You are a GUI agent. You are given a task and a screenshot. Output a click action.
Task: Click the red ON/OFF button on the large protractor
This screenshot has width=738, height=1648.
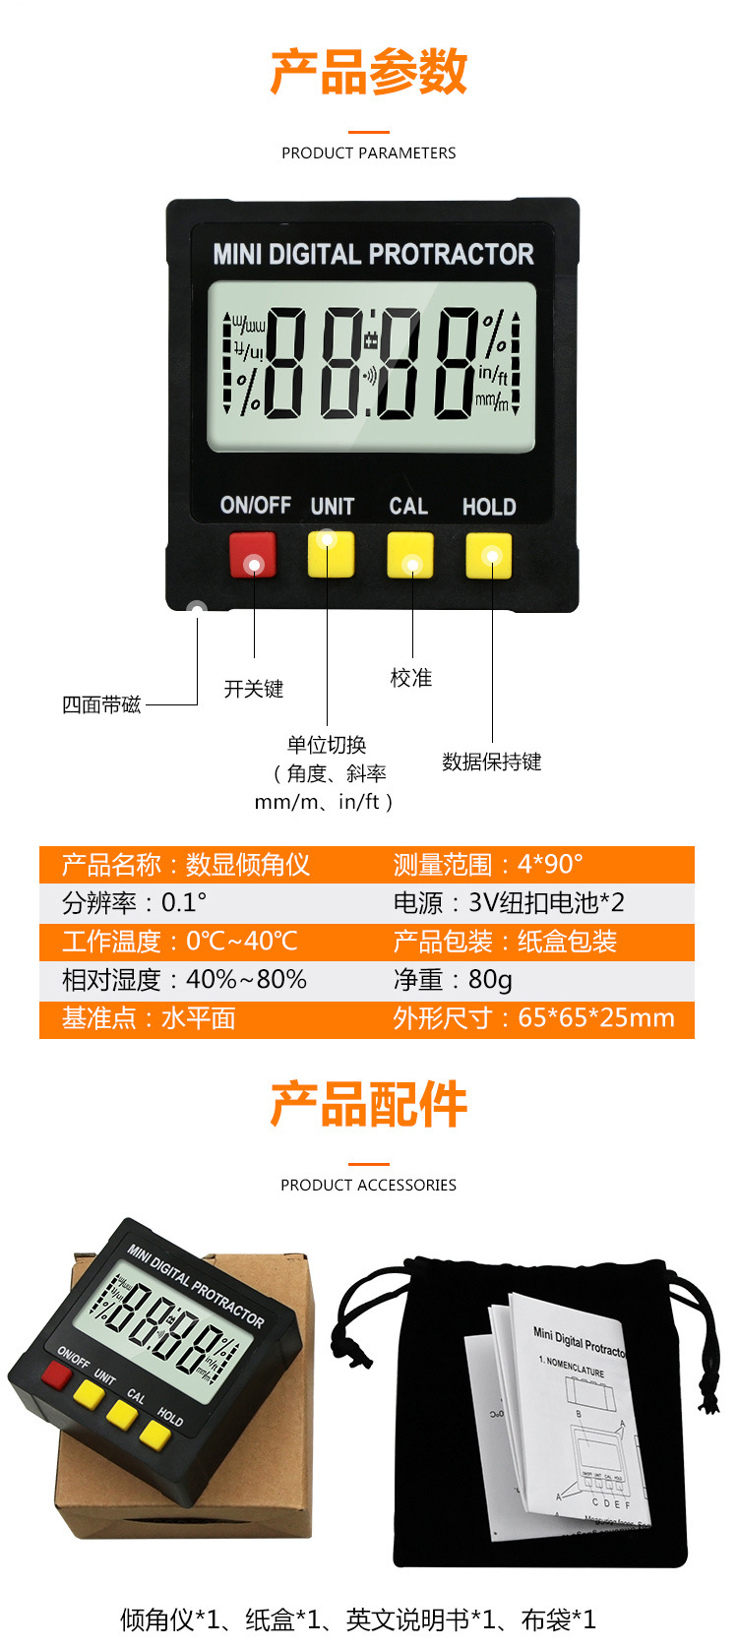pyautogui.click(x=253, y=555)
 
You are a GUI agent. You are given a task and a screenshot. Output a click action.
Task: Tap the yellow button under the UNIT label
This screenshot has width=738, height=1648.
pyautogui.click(x=331, y=554)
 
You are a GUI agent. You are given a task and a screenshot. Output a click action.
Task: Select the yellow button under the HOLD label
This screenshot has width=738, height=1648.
pyautogui.click(x=489, y=555)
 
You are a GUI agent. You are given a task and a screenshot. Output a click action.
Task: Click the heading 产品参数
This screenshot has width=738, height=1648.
pyautogui.click(x=369, y=72)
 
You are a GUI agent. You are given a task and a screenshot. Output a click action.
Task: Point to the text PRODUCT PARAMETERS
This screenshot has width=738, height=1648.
pyautogui.click(x=369, y=153)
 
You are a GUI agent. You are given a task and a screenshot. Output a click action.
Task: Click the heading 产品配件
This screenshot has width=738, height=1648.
pyautogui.click(x=369, y=1104)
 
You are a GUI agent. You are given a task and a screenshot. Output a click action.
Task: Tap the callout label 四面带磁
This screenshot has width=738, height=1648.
pyautogui.click(x=101, y=704)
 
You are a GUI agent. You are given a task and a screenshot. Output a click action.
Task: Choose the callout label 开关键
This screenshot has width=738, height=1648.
pyautogui.click(x=254, y=689)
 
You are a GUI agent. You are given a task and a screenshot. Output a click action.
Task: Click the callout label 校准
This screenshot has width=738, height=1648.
pyautogui.click(x=411, y=678)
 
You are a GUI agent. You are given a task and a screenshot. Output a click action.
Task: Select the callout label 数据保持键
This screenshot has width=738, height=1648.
pyautogui.click(x=492, y=762)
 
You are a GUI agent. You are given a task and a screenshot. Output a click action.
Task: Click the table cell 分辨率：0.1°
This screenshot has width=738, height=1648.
pyautogui.click(x=135, y=902)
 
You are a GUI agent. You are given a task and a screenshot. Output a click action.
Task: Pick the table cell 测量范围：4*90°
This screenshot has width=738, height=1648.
pyautogui.click(x=488, y=864)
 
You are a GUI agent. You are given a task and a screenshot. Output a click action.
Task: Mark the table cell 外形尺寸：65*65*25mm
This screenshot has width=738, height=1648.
pyautogui.click(x=534, y=1017)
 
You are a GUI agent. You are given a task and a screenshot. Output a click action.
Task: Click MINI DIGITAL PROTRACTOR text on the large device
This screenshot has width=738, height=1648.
pyautogui.click(x=373, y=255)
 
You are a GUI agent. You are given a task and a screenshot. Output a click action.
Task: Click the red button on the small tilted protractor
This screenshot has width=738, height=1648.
pyautogui.click(x=56, y=1374)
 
